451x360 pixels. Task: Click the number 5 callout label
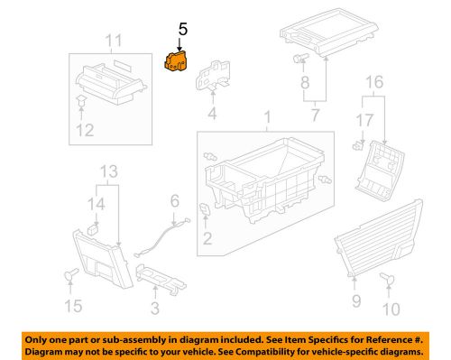pyautogui.click(x=182, y=30)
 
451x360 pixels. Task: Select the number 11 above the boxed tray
pyautogui.click(x=112, y=41)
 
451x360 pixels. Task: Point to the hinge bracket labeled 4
pyautogui.click(x=214, y=72)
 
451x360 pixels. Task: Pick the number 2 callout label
pyautogui.click(x=207, y=238)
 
